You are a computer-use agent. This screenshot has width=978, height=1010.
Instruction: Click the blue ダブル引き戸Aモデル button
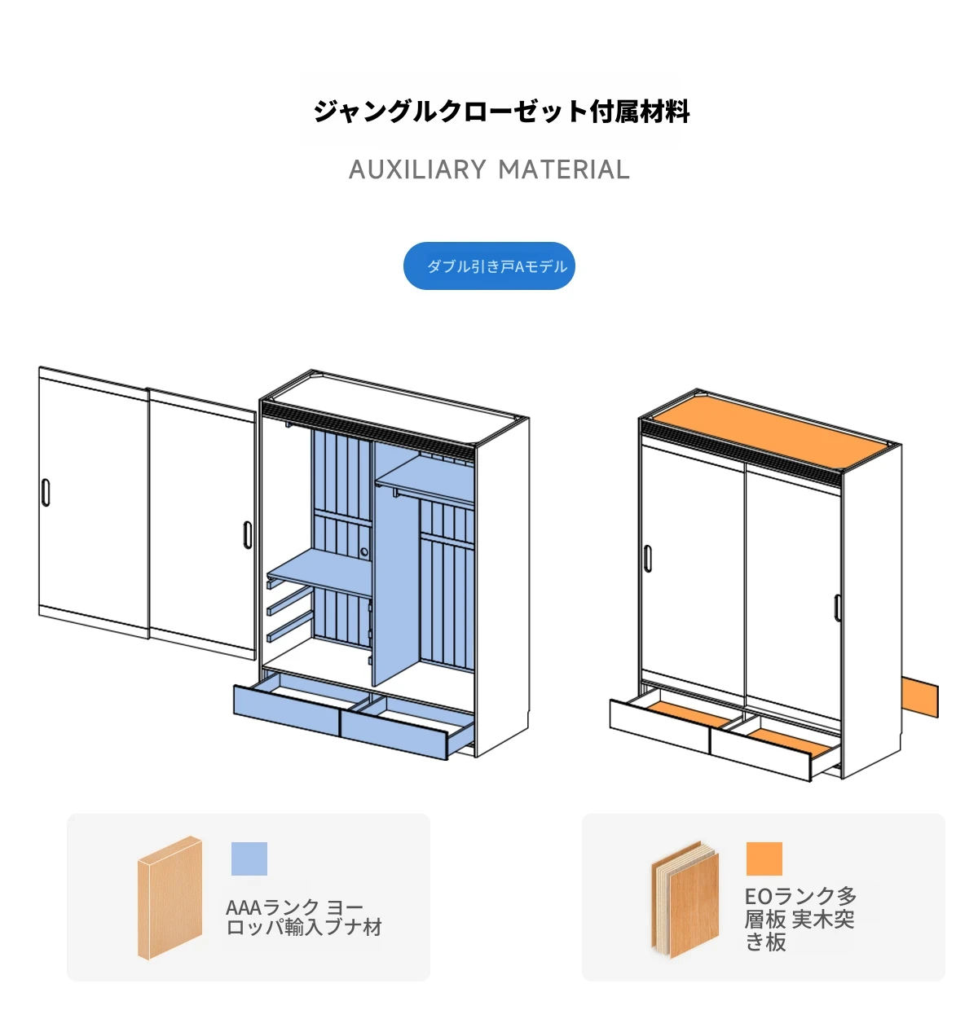(x=489, y=266)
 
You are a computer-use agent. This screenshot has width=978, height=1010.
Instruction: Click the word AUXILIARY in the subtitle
(x=417, y=169)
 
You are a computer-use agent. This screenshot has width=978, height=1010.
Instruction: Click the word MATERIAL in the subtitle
(x=564, y=169)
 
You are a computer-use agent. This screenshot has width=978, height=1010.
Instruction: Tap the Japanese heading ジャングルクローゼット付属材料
(x=501, y=111)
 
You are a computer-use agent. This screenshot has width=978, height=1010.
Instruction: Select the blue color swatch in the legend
(x=249, y=858)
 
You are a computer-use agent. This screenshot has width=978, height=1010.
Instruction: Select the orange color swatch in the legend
(x=764, y=858)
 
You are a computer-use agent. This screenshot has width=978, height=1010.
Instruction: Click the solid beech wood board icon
(x=170, y=897)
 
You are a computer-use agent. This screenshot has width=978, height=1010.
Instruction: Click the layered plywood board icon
(x=685, y=899)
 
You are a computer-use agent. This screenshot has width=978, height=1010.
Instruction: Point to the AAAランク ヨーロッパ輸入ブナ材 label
(x=303, y=917)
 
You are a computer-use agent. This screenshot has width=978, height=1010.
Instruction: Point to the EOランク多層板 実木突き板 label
(x=800, y=919)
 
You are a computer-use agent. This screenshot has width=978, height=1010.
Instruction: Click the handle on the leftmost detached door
(x=46, y=493)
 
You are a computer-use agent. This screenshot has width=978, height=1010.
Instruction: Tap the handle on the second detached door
(x=247, y=534)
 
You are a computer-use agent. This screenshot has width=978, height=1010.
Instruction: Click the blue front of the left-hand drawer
(x=286, y=709)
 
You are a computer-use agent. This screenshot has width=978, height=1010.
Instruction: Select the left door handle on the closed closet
(x=647, y=557)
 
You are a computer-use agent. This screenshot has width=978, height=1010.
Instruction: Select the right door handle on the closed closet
(x=837, y=608)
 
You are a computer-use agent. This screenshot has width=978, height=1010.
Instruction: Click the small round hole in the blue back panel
(x=364, y=552)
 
